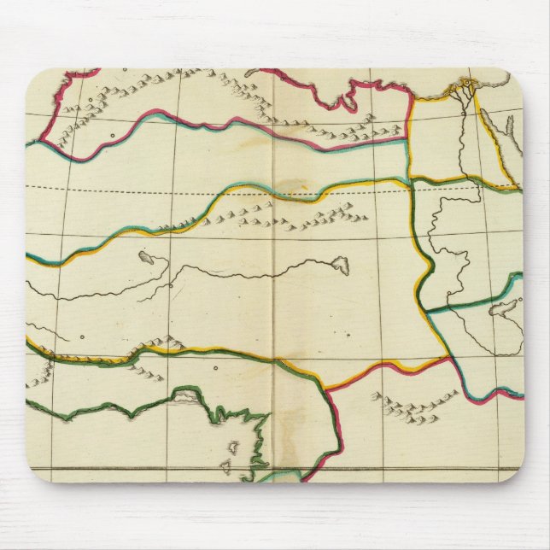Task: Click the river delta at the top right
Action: tap(465, 86)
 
